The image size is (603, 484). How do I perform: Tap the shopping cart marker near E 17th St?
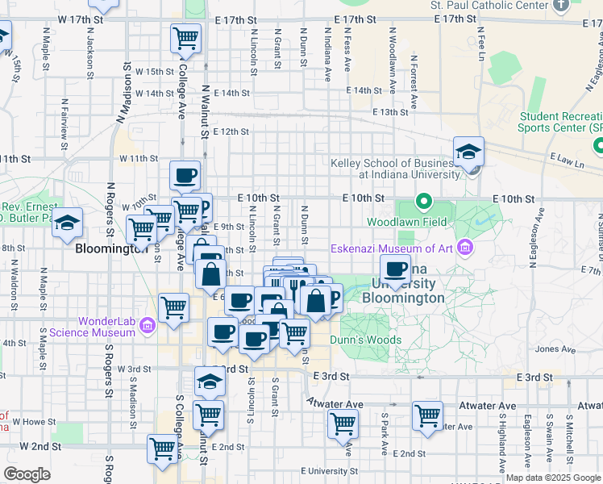pyautogui.click(x=186, y=38)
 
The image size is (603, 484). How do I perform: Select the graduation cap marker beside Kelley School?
pyautogui.click(x=468, y=151)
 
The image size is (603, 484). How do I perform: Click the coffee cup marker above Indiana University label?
pyautogui.click(x=395, y=269)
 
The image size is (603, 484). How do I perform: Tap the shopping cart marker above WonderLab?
pyautogui.click(x=174, y=308)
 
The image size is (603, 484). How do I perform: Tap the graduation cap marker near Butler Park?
pyautogui.click(x=68, y=222)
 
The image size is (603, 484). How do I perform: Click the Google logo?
pyautogui.click(x=27, y=474)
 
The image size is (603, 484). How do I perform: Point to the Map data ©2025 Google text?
pyautogui.click(x=552, y=478)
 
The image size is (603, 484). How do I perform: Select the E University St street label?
pyautogui.click(x=327, y=470)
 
